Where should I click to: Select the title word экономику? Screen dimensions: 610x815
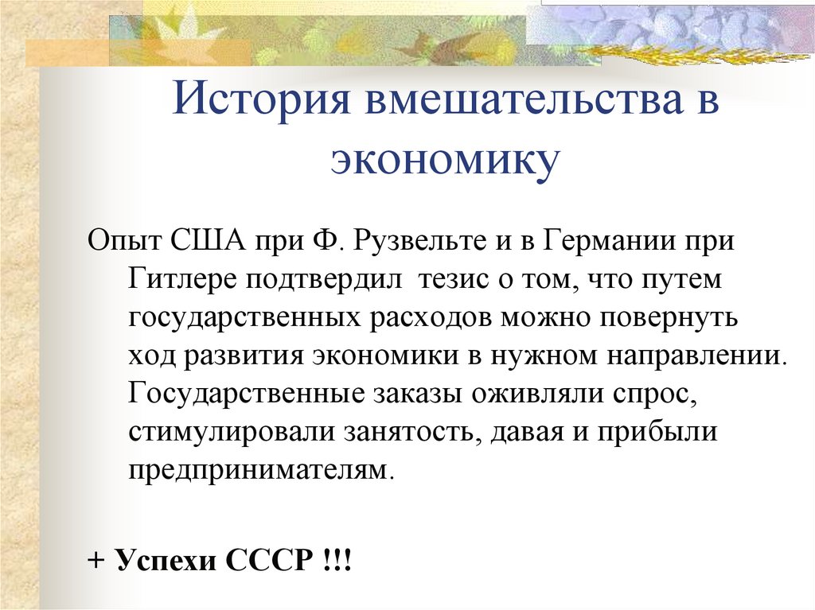[x=445, y=159]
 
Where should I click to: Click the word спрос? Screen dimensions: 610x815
[x=657, y=395]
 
